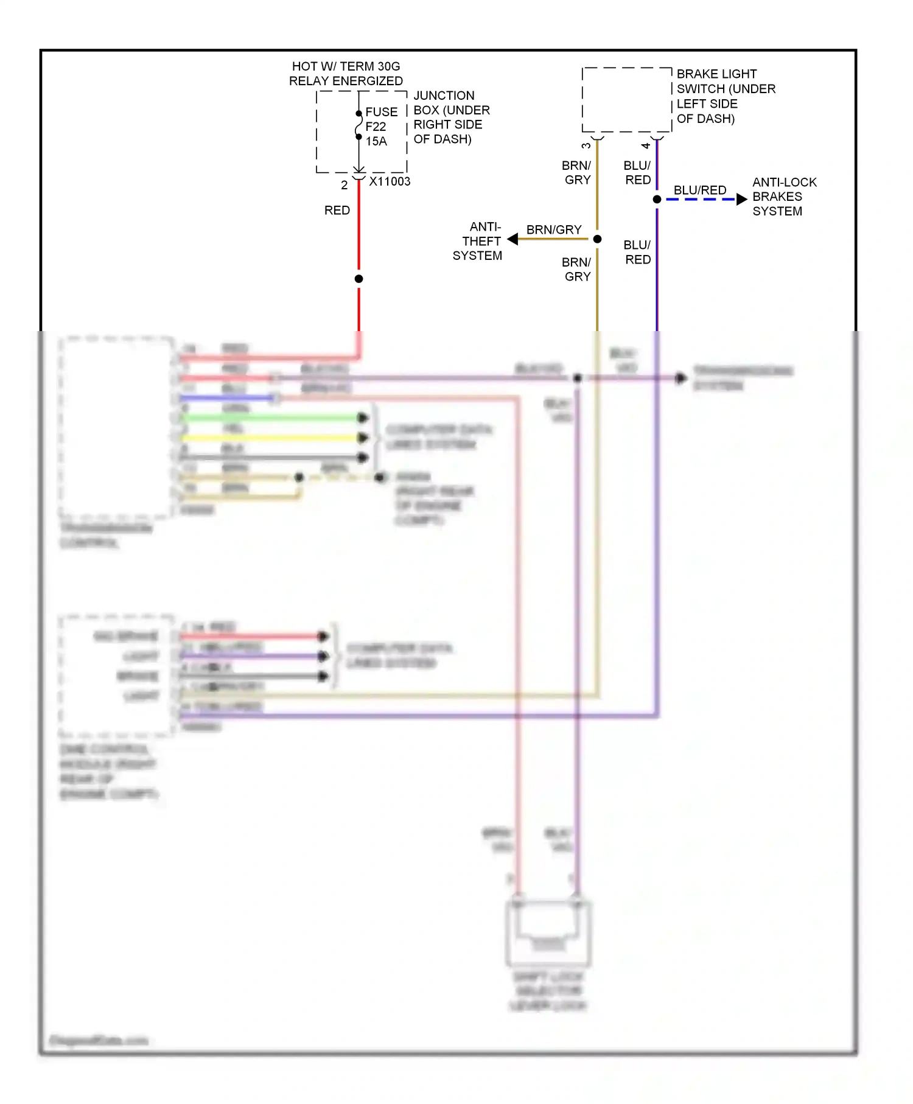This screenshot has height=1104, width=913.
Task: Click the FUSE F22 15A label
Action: (381, 127)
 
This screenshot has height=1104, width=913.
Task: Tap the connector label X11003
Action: (390, 181)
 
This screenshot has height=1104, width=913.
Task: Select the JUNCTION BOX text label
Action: (451, 117)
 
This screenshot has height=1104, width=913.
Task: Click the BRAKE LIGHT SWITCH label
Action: (726, 96)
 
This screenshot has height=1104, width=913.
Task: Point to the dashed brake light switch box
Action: (626, 100)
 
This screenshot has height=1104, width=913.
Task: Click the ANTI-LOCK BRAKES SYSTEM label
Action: (783, 197)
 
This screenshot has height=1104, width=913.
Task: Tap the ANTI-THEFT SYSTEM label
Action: (478, 241)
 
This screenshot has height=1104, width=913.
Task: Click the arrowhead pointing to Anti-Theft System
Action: (512, 239)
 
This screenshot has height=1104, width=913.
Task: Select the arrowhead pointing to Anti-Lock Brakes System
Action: (741, 199)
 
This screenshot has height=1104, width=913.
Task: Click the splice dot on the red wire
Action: (359, 279)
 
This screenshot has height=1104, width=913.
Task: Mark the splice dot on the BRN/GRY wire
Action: (597, 239)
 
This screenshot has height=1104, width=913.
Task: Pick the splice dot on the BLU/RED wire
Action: (657, 199)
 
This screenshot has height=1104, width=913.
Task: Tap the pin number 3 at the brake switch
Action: (586, 146)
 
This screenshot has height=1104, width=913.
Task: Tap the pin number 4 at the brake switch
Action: (645, 146)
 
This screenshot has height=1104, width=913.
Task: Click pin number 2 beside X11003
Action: (344, 185)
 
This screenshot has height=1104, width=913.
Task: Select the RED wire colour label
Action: (337, 211)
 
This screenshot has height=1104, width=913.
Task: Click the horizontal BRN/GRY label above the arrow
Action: (553, 229)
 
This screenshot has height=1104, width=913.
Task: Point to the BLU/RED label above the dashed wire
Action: (699, 190)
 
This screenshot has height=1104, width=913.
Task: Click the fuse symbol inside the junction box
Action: (359, 125)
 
